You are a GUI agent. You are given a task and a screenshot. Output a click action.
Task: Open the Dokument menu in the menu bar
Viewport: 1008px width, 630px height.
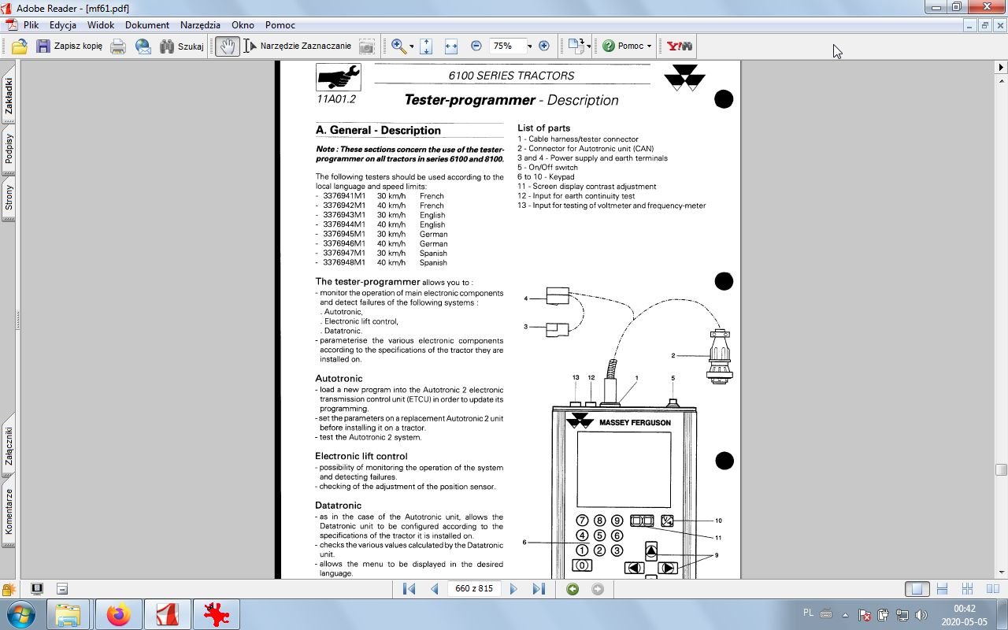click(146, 25)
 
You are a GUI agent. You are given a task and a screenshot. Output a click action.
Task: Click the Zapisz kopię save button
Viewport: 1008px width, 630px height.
click(69, 46)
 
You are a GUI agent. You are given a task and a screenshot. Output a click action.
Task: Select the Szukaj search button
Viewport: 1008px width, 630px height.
click(182, 46)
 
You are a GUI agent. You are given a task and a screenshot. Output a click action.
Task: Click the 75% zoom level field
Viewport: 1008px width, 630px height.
click(503, 46)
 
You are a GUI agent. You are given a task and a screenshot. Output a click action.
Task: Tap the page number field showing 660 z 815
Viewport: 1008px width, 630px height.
click(474, 588)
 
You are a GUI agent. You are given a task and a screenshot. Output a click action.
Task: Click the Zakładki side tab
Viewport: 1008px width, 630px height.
click(9, 95)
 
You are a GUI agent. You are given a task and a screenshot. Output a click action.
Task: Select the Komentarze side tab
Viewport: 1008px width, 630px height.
click(9, 511)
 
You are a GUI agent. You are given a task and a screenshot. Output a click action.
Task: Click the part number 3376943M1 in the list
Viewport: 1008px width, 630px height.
click(344, 215)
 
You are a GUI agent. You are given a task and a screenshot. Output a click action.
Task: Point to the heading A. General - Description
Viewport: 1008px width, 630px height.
click(378, 131)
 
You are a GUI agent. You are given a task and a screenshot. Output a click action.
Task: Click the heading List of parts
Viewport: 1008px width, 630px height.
click(543, 128)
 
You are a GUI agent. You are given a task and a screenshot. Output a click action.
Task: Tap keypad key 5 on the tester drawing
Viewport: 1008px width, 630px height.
click(599, 535)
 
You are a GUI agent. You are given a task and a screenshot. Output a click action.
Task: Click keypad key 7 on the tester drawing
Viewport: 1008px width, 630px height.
click(582, 521)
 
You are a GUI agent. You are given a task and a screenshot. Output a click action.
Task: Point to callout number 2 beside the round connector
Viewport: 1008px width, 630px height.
click(673, 356)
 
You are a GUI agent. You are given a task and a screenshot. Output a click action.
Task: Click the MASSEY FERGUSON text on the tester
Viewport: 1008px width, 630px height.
click(635, 423)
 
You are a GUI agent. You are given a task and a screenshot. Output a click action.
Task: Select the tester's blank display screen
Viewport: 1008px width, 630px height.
click(623, 469)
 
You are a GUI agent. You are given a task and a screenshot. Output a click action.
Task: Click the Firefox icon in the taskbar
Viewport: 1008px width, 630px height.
click(119, 614)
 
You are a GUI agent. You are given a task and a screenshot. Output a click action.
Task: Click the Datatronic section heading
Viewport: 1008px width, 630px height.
click(338, 506)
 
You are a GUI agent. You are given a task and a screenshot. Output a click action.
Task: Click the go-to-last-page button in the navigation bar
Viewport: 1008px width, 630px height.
click(539, 588)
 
